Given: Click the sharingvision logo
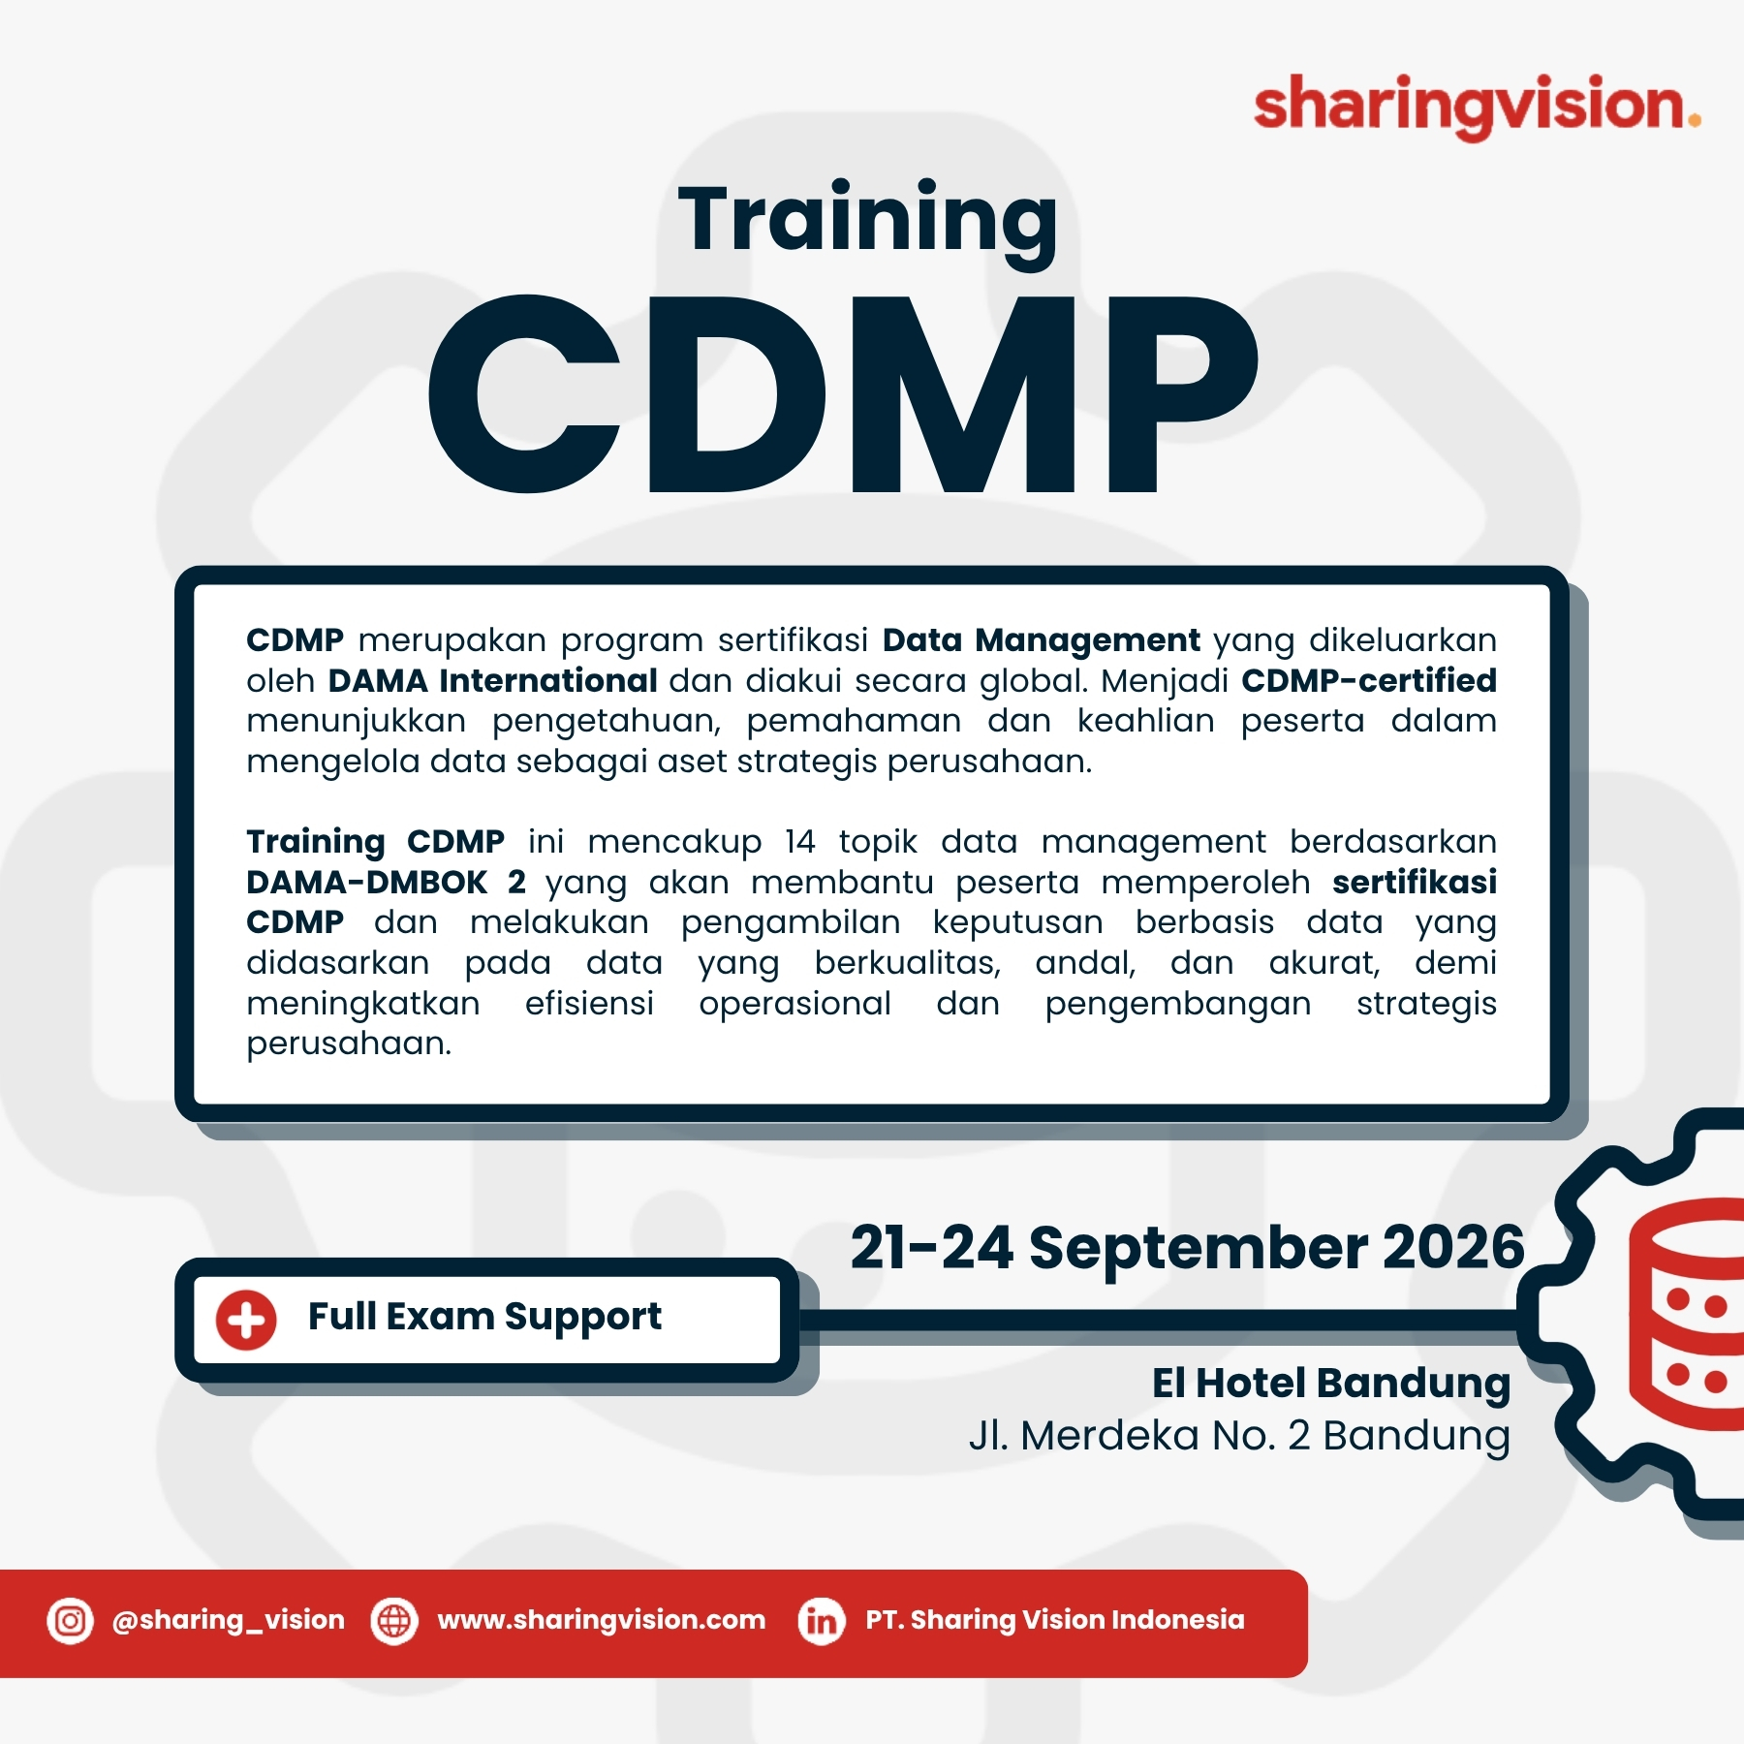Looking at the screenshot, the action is coord(1477,107).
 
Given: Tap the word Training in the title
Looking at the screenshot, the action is coord(868,223).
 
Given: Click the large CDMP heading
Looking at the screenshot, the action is coord(843,393).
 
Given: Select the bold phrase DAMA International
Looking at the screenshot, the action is coord(492,680).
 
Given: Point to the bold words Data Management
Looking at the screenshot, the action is coord(1042,641).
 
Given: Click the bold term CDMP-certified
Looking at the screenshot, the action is coord(1369,680).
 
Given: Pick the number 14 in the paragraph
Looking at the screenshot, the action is coord(800,841).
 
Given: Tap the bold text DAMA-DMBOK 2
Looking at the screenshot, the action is coord(386,882).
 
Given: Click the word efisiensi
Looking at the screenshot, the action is coord(589,1003).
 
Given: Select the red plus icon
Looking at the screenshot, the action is coord(246,1320).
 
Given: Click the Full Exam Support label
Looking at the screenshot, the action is coord(484,1318).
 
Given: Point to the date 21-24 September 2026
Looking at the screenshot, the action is coord(1188,1248).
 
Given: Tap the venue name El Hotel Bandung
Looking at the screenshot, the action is coord(1331,1384).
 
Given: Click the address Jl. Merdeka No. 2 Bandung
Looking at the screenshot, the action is coord(1239,1436).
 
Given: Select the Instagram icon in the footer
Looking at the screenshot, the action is coord(70,1620).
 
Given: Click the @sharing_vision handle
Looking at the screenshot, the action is coord(229,1620).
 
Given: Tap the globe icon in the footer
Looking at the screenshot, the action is coord(394,1620).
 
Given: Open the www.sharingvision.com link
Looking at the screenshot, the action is coord(602,1620).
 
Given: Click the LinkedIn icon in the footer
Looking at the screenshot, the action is coord(822,1620).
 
